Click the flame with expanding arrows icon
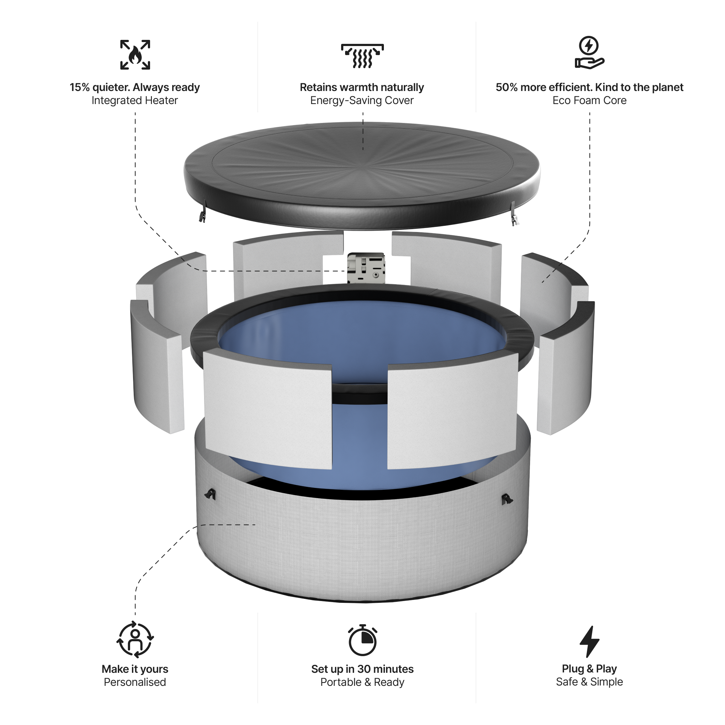[x=135, y=55]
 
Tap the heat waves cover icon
[x=362, y=56]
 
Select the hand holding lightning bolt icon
[x=589, y=53]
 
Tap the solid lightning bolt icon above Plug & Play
[x=589, y=641]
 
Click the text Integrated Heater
[x=135, y=100]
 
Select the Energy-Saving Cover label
[x=362, y=100]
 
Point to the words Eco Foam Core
[x=589, y=100]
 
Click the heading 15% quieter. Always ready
[x=135, y=87]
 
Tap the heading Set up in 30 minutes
[x=362, y=669]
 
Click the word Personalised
[x=135, y=682]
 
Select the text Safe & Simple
[x=589, y=682]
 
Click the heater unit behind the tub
[x=366, y=268]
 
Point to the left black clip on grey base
[x=211, y=494]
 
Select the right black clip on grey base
[x=507, y=499]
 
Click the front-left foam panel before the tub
[x=268, y=409]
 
